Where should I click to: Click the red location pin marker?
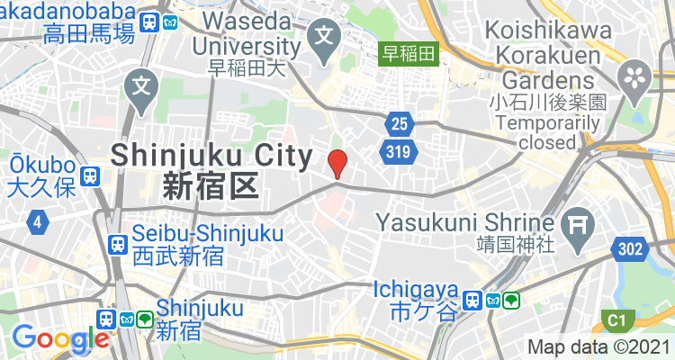pyautogui.click(x=337, y=164)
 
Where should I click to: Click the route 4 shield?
pyautogui.click(x=38, y=220)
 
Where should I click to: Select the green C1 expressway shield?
pyautogui.click(x=616, y=320)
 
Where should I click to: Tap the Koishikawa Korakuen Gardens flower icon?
pyautogui.click(x=634, y=72)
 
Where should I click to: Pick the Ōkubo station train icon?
pyautogui.click(x=89, y=175)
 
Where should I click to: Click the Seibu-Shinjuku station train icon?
pyautogui.click(x=117, y=244)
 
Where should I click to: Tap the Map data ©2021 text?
pyautogui.click(x=598, y=346)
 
